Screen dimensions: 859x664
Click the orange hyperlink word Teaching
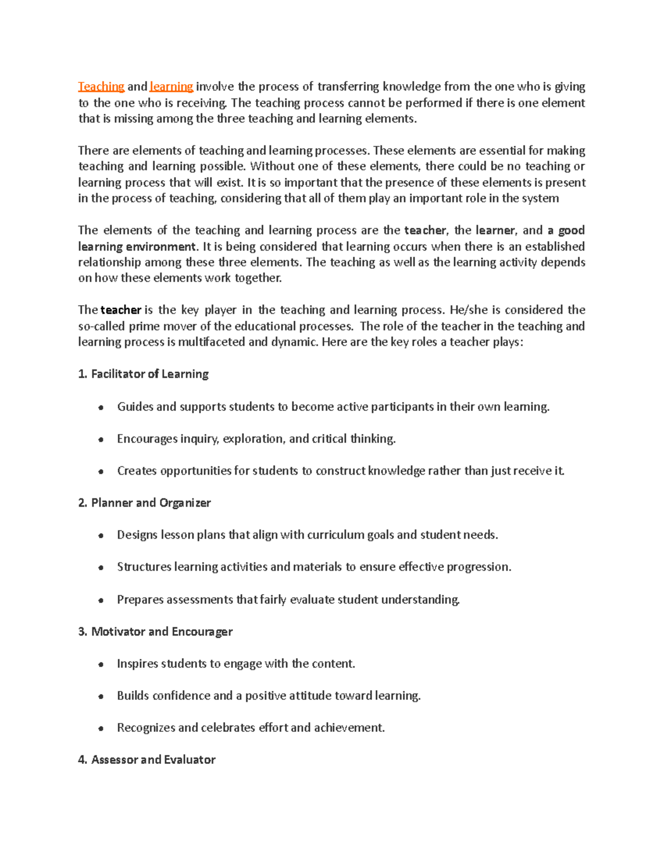click(101, 87)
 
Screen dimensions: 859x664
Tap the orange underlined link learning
click(171, 87)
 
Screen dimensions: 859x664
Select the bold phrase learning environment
click(137, 247)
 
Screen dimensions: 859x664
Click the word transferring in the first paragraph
click(348, 87)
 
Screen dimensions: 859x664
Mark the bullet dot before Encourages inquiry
click(101, 440)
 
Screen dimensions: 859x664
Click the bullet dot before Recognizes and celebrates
click(101, 729)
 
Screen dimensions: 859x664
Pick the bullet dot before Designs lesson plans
click(101, 536)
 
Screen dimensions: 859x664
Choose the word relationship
click(110, 263)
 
